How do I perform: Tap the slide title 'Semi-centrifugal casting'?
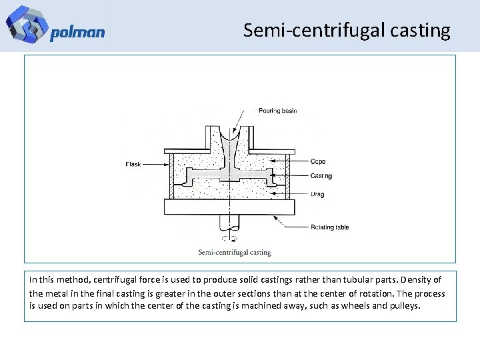(x=347, y=30)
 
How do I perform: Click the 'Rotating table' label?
(x=329, y=227)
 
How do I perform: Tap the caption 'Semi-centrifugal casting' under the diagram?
(x=235, y=253)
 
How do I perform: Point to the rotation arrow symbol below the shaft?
(x=228, y=238)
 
